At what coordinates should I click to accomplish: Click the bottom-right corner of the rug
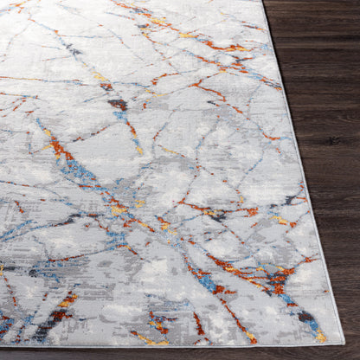(x=340, y=343)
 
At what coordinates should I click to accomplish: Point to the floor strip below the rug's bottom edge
(x=173, y=353)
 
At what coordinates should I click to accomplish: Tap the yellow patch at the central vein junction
(x=119, y=209)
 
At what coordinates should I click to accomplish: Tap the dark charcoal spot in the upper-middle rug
(x=118, y=105)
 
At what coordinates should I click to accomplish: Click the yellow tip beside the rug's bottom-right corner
(x=322, y=335)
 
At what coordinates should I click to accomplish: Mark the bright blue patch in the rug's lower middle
(x=204, y=280)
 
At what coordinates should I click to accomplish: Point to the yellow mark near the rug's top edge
(x=187, y=35)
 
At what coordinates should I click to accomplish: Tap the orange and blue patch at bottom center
(x=158, y=324)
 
